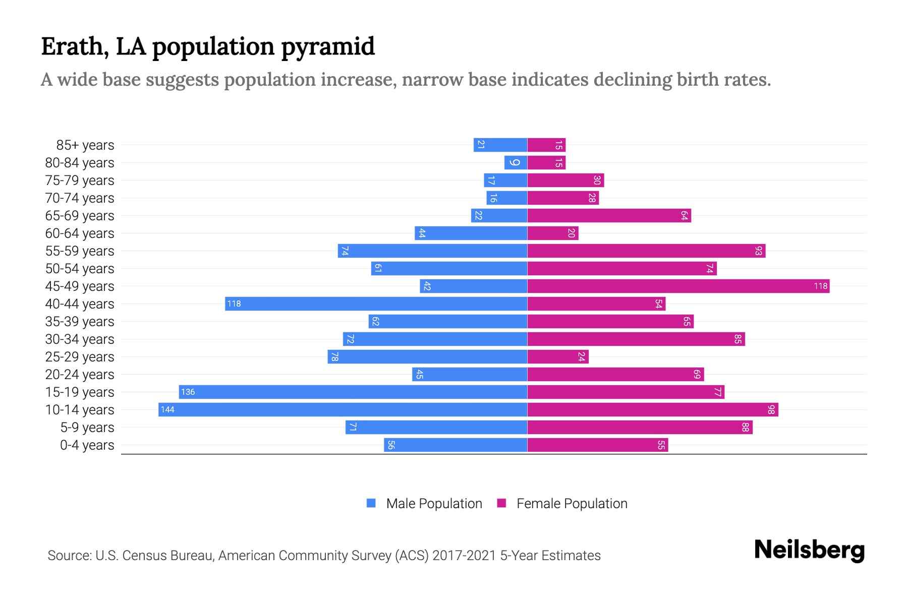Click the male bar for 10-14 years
[x=343, y=409]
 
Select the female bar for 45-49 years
[x=678, y=286]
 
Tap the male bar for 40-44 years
[x=376, y=304]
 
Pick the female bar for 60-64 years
[x=553, y=233]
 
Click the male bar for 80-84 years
[x=516, y=162]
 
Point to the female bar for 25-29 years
[x=558, y=356]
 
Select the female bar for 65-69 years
[x=609, y=215]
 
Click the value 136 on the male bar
[x=188, y=392]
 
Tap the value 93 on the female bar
[x=758, y=251]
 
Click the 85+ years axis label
[x=85, y=145]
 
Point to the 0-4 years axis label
[x=87, y=445]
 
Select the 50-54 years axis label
[x=80, y=269]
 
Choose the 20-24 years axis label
[x=80, y=375]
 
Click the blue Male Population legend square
[x=371, y=503]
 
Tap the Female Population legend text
[x=572, y=504]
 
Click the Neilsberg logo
[x=809, y=550]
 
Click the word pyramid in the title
[x=327, y=47]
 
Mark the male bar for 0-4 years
[x=456, y=445]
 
